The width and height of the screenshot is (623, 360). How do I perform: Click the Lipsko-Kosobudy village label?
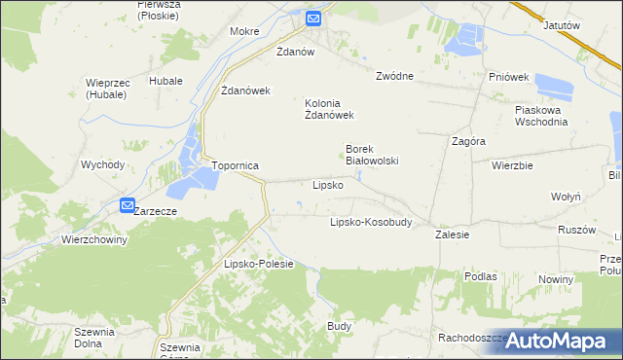371,222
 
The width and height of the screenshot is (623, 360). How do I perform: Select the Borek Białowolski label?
372,156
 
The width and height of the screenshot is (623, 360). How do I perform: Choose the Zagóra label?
469,141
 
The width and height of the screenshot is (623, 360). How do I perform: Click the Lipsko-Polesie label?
259,265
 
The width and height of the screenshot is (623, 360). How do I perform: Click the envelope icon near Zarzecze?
128,205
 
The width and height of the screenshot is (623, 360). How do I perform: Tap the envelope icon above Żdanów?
313,18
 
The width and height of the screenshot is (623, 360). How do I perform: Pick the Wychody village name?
102,165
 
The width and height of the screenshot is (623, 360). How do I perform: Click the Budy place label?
339,326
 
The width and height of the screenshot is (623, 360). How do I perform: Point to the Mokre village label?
244,31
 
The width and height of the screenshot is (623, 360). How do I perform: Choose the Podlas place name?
481,276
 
